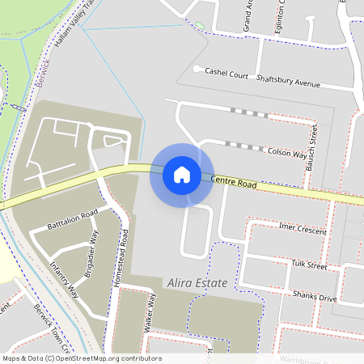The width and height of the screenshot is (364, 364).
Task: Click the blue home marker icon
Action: coord(182,175)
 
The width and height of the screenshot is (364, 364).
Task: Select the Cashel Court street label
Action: coord(226,74)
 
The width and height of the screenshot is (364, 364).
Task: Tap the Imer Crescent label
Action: coord(302,230)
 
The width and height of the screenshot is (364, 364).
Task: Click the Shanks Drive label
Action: coord(315,297)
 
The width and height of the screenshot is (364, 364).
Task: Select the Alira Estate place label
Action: coord(196,283)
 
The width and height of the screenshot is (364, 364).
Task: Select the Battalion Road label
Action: coord(72,218)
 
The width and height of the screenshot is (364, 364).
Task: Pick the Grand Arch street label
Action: coord(248,16)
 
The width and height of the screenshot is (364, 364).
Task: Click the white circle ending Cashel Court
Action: coord(197,69)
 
